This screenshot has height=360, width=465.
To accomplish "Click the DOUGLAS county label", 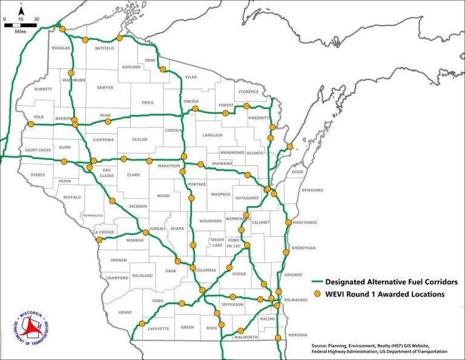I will (x=61, y=48).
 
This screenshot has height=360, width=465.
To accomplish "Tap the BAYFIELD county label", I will (x=104, y=48).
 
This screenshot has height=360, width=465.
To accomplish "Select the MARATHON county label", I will (x=170, y=165).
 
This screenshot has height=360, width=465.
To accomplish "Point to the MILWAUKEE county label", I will (x=295, y=299).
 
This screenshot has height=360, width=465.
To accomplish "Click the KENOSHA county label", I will (x=298, y=335).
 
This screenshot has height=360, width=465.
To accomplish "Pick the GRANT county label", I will (x=125, y=313).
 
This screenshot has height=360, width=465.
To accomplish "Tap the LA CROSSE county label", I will (x=104, y=232).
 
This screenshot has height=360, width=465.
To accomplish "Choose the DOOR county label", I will (x=297, y=172).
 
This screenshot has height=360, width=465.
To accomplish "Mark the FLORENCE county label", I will (x=248, y=92).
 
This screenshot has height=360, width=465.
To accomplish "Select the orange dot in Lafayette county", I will (x=142, y=323).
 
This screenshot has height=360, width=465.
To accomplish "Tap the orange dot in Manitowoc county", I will (x=288, y=222).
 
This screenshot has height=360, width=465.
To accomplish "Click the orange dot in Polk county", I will (x=30, y=125).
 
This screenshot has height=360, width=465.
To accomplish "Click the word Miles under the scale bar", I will (x=21, y=31).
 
